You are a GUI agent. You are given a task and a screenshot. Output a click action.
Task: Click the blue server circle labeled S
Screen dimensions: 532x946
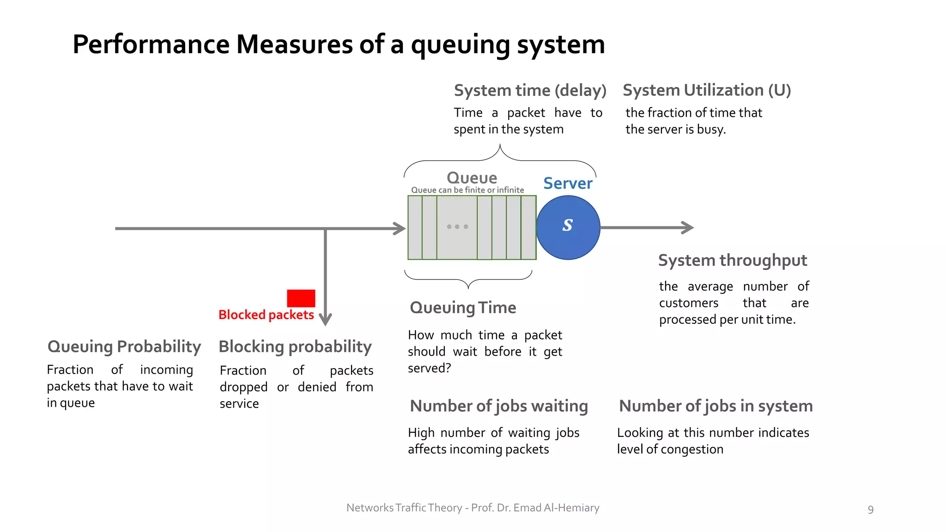[568, 227]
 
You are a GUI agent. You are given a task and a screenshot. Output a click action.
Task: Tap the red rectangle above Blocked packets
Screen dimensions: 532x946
[301, 298]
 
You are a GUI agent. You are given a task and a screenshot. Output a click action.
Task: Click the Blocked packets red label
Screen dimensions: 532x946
[266, 315]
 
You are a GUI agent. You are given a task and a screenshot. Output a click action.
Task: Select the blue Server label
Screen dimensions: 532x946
[568, 183]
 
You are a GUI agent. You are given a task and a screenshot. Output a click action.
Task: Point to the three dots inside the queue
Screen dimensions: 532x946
[457, 227]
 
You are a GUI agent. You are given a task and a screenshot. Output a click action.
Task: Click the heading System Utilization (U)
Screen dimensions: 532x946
[707, 90]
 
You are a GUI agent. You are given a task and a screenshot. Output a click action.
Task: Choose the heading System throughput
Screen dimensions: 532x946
[733, 260]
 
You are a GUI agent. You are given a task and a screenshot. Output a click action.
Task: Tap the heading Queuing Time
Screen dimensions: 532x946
[463, 308]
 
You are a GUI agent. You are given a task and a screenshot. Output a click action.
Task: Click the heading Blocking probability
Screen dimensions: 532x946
[295, 347]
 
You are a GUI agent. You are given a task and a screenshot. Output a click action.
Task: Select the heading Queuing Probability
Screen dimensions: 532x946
[124, 347]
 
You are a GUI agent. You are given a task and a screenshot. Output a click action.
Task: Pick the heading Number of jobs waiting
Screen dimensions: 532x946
[499, 406]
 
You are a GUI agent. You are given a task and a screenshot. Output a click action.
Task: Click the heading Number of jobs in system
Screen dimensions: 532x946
[716, 406]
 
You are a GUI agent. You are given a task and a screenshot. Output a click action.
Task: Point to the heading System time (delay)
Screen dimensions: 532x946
[530, 90]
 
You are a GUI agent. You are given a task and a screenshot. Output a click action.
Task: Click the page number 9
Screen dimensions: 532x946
[870, 509]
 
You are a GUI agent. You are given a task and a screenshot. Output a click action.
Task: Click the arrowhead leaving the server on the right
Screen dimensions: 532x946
[688, 227]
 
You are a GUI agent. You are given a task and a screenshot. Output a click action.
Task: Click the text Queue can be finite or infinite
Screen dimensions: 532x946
[467, 190]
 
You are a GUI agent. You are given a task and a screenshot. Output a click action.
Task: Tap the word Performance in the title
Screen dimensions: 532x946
[151, 45]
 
